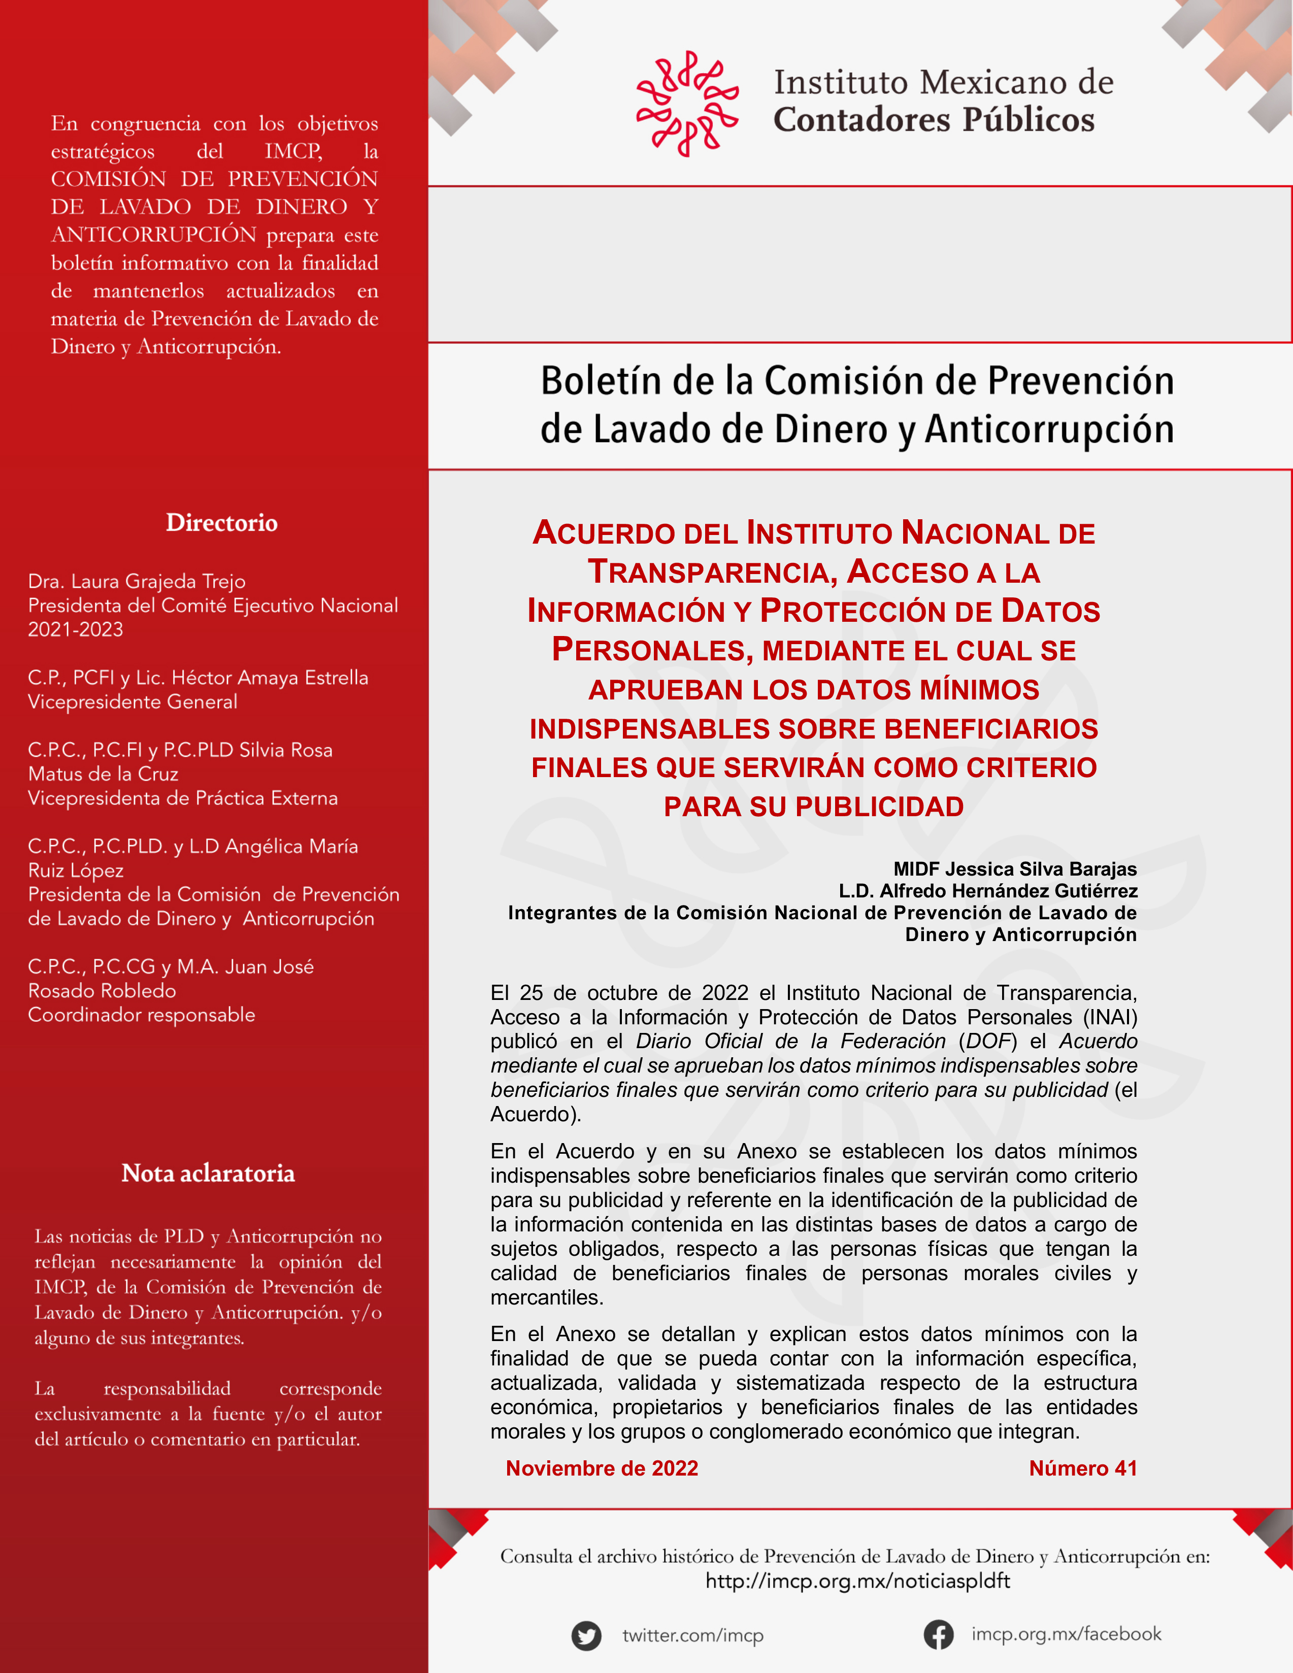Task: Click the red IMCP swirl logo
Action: (687, 104)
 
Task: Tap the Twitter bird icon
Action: (586, 1635)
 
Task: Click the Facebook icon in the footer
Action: (938, 1635)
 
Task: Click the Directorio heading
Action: (221, 522)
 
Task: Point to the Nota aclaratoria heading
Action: (208, 1173)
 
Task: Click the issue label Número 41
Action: (1082, 1468)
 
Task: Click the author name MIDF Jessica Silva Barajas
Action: (1014, 868)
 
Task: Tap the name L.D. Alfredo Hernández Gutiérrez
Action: (987, 890)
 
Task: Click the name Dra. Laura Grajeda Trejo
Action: (137, 581)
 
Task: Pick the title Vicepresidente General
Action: (132, 701)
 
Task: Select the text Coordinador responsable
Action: (141, 1015)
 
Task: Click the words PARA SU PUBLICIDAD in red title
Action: (813, 807)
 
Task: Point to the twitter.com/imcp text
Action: (692, 1635)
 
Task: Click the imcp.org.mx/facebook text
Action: (1066, 1634)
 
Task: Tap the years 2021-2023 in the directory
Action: (75, 630)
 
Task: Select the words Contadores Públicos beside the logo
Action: (933, 119)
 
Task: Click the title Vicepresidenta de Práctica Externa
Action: (182, 798)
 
